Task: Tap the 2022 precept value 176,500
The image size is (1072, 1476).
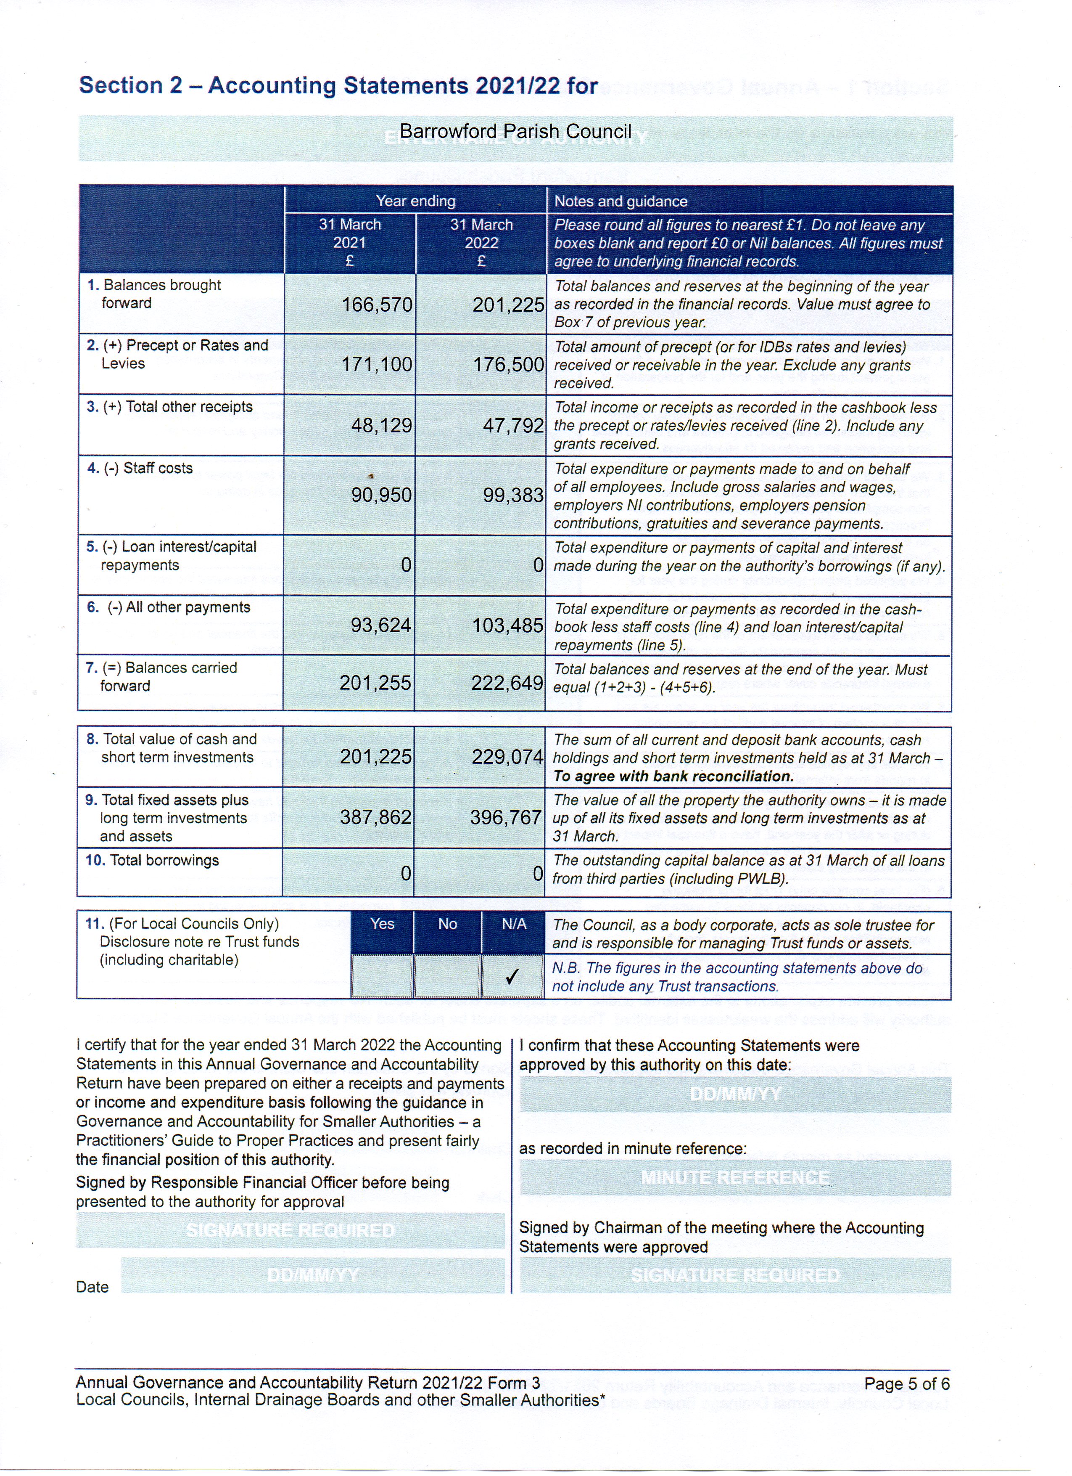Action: pos(508,364)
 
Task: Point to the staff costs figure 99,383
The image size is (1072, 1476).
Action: pos(512,495)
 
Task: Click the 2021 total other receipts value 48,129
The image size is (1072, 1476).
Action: pos(381,426)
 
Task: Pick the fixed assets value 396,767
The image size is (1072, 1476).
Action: pos(506,817)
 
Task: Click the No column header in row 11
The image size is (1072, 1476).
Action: pos(448,924)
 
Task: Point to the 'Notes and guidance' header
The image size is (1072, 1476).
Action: pos(620,201)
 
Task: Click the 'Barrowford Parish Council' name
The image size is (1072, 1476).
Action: pos(515,132)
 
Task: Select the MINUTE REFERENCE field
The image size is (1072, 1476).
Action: pos(735,1178)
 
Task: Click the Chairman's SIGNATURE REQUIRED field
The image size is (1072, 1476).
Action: pos(735,1275)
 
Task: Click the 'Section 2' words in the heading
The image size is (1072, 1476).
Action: pos(130,85)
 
